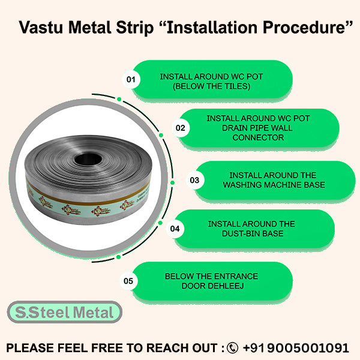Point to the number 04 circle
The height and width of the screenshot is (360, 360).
175,229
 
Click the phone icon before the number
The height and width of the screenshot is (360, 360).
232,348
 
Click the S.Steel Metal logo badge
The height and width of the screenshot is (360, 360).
64,313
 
